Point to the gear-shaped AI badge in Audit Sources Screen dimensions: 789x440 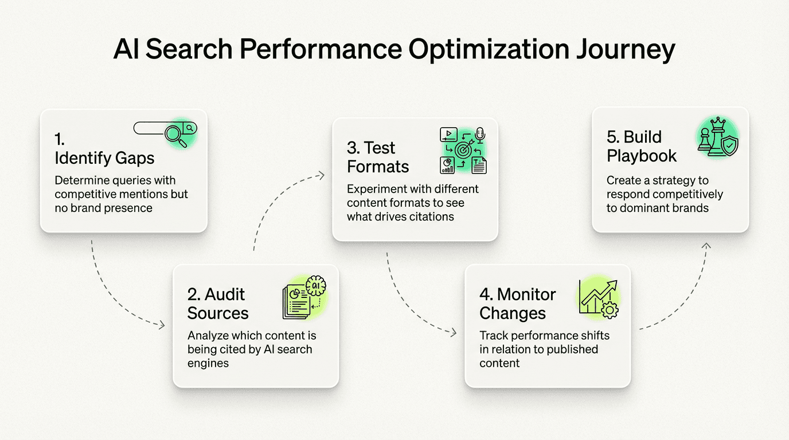316,285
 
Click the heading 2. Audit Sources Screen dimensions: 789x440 218,304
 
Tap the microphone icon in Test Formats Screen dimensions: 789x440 480,135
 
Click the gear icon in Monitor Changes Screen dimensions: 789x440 610,311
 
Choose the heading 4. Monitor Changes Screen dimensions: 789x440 517,304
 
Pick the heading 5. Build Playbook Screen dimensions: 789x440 642,146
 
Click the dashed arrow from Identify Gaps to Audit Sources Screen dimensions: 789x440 115,298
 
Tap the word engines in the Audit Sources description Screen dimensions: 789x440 208,363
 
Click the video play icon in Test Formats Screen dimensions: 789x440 448,135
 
